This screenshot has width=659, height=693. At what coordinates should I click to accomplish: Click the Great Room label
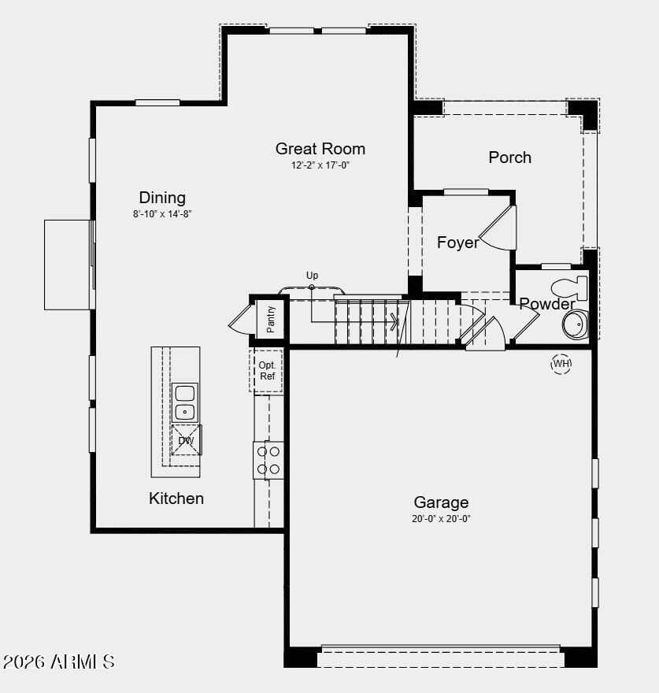point(320,149)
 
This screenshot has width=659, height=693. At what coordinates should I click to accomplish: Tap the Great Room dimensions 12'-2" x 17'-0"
point(320,165)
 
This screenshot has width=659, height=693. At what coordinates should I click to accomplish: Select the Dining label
point(162,198)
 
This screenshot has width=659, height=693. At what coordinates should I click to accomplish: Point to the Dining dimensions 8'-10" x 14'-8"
point(162,214)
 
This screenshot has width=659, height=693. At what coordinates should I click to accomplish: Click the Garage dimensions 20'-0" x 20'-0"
point(441,519)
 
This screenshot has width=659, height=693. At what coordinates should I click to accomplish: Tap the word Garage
point(441,502)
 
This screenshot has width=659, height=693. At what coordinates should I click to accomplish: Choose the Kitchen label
point(176,498)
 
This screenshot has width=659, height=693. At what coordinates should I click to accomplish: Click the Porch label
point(510,157)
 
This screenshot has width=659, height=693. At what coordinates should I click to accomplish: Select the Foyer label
point(458,243)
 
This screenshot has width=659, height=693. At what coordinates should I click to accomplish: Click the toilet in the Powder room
point(570,287)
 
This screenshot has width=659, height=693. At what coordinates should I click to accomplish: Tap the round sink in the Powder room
point(576,324)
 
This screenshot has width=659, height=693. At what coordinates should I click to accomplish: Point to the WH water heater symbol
point(561,364)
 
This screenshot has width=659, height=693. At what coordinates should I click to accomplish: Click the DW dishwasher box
point(187,440)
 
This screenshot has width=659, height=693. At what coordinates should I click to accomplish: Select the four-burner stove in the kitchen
point(268,460)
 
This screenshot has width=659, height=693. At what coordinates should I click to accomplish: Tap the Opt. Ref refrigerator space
point(267,371)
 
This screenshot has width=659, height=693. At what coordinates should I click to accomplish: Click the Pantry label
point(271,319)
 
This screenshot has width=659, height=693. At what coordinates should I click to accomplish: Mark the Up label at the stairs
point(312,276)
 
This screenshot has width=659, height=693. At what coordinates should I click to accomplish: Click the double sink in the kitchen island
point(185,402)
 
